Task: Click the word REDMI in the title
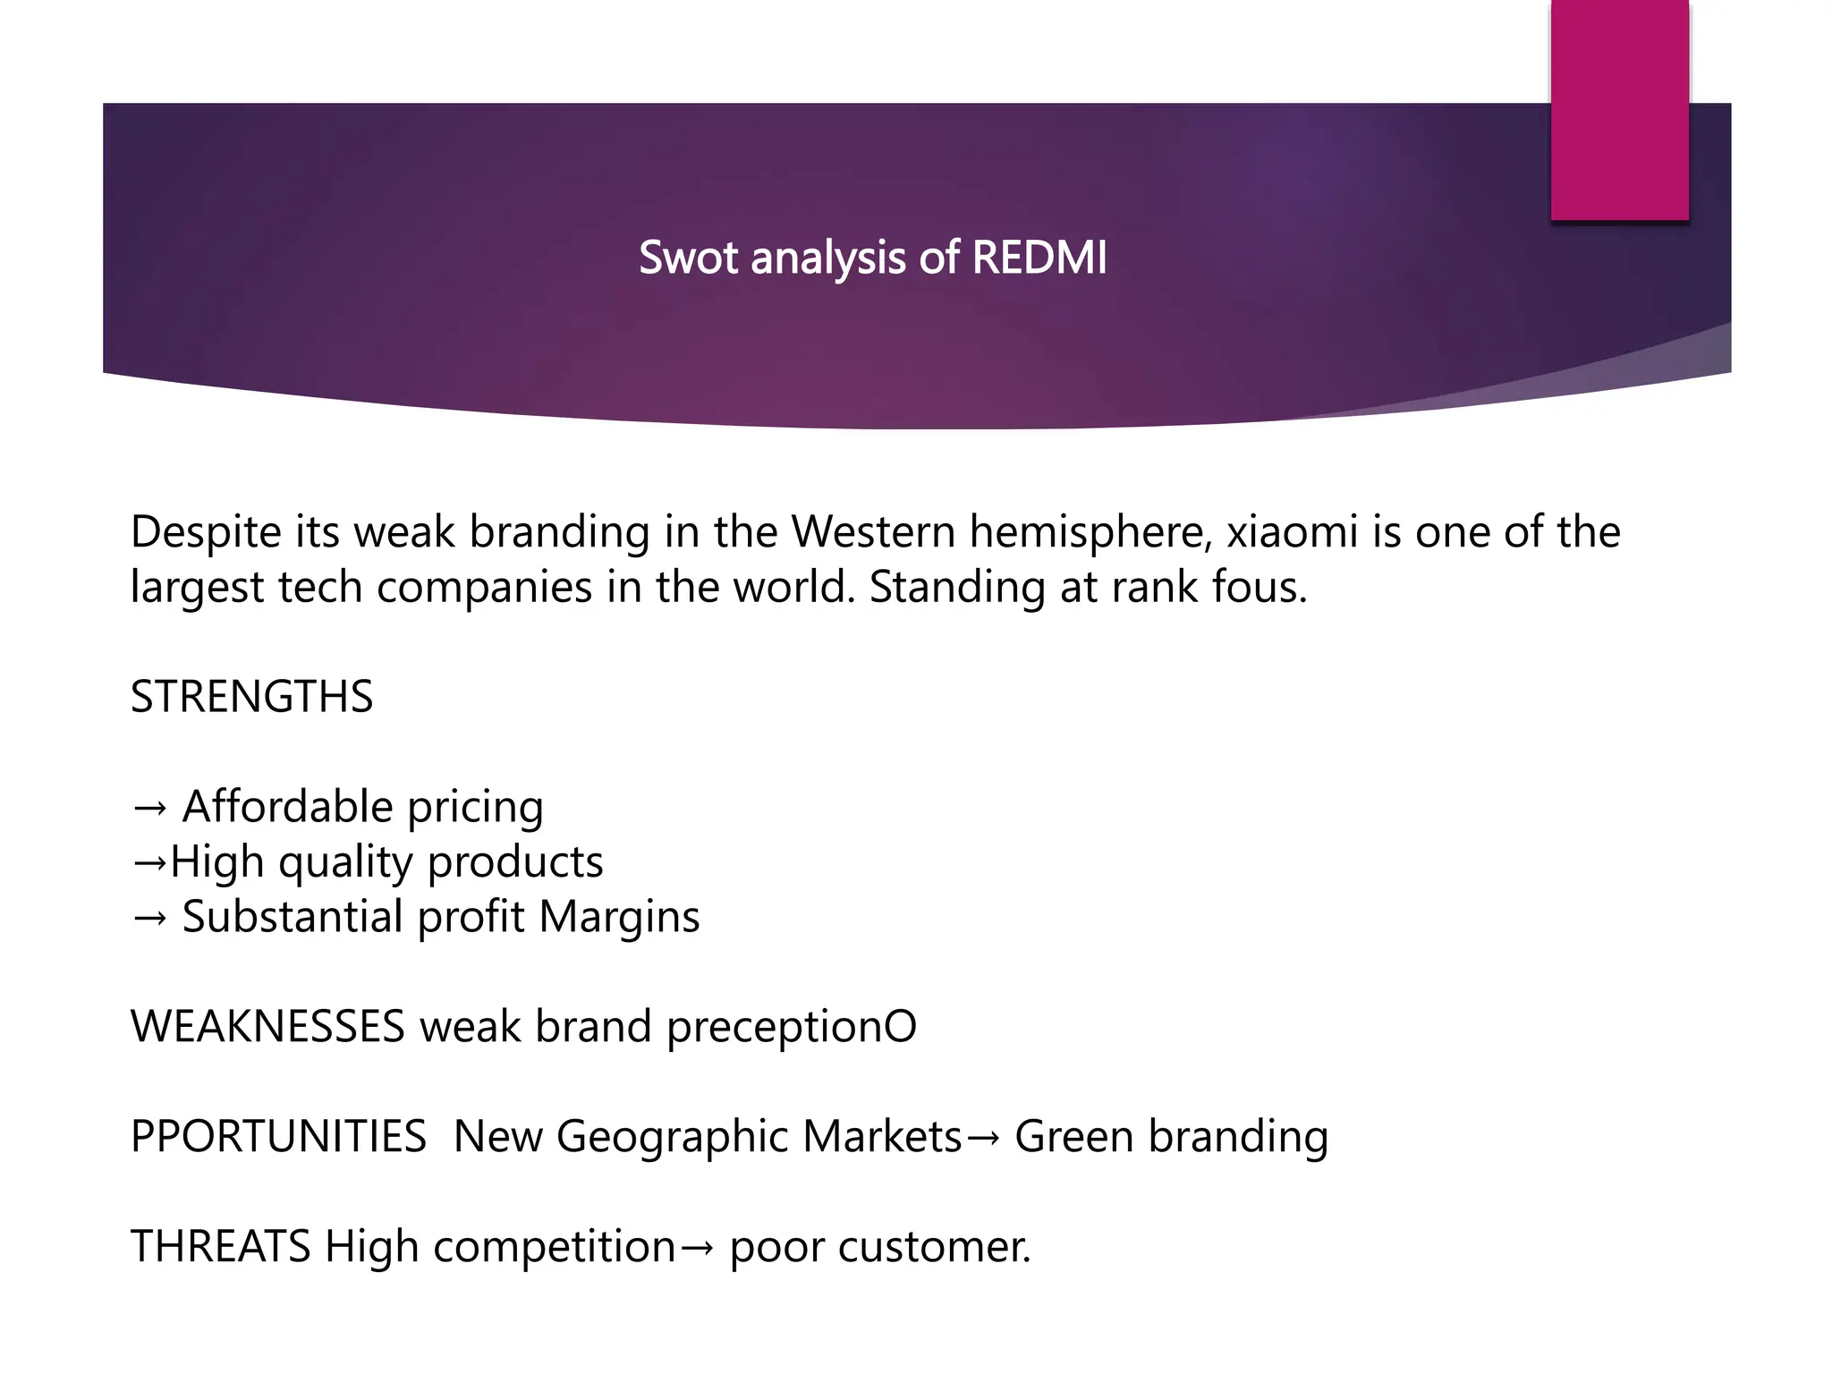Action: click(x=1039, y=258)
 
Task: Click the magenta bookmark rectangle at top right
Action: click(x=1619, y=109)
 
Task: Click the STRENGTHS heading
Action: click(x=251, y=697)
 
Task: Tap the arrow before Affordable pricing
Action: click(x=148, y=808)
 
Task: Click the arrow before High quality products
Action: click(x=148, y=863)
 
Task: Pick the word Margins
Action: click(x=619, y=917)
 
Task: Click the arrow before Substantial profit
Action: click(x=148, y=919)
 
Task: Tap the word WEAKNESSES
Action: click(x=267, y=1026)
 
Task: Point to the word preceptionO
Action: click(x=792, y=1027)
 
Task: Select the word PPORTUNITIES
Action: click(x=278, y=1136)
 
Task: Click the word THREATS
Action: click(x=220, y=1246)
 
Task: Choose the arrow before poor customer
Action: click(x=697, y=1248)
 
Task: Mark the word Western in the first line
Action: click(x=874, y=531)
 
